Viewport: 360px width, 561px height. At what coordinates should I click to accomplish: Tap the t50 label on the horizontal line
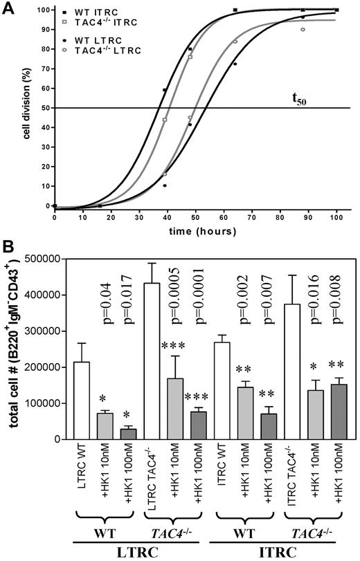(x=298, y=99)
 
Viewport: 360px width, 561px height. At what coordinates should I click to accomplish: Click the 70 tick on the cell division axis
(x=45, y=68)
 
